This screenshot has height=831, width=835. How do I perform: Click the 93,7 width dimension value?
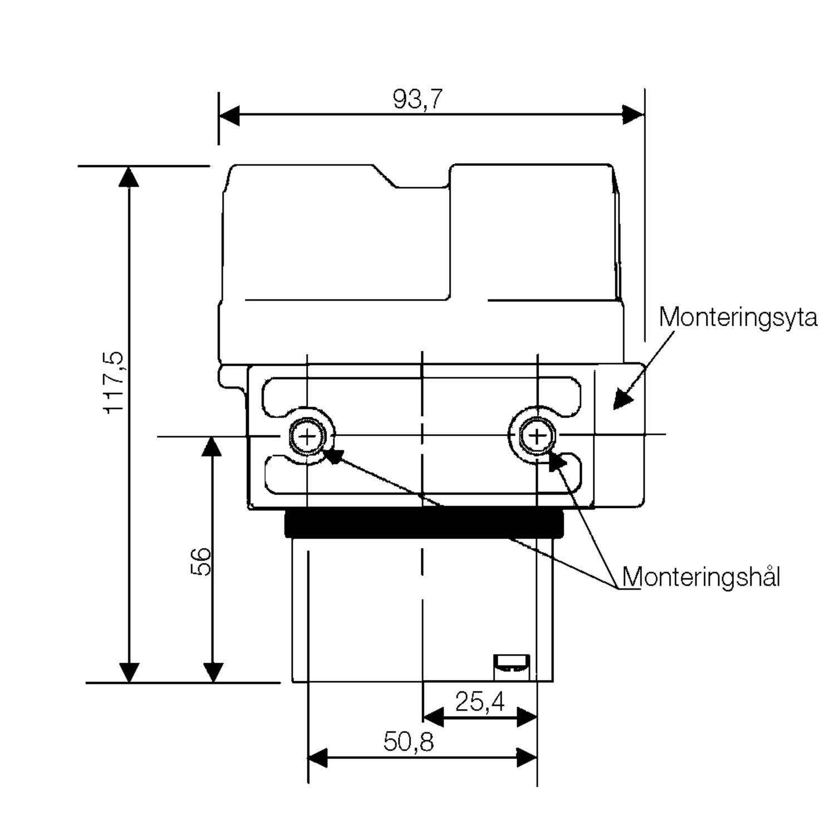coord(417,99)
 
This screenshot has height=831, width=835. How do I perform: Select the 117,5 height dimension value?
coord(114,382)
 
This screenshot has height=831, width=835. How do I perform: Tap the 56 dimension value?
coord(201,561)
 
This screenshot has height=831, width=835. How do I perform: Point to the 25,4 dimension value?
coord(480,702)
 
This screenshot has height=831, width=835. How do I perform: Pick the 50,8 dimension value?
coord(408,742)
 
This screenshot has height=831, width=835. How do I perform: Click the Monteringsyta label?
coord(738,318)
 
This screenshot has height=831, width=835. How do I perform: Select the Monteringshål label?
coord(701,577)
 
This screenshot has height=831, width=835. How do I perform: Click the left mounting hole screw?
coord(307,436)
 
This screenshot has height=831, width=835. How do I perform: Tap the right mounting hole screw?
coord(537,435)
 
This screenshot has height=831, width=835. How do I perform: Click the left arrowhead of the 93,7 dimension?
coord(229,115)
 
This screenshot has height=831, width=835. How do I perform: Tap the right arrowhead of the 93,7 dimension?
coord(634,115)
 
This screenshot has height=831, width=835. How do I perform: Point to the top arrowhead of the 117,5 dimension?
coord(129,176)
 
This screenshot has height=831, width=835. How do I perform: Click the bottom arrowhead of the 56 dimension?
coord(213,672)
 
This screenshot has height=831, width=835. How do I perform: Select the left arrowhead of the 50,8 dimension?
coord(318,758)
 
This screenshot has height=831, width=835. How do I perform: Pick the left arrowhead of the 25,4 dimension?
coord(433,717)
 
